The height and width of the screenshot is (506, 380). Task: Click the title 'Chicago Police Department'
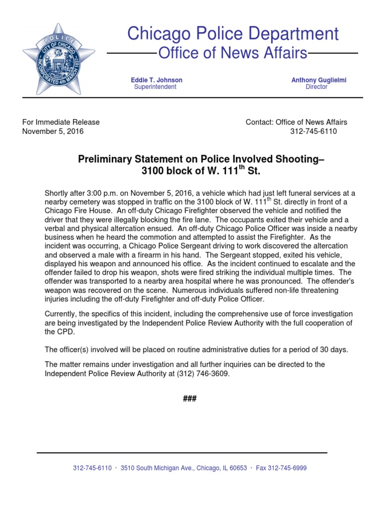(233, 34)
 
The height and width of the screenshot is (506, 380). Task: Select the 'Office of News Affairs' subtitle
(232, 53)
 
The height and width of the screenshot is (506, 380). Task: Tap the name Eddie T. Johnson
(156, 80)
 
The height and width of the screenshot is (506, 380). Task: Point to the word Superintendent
(155, 87)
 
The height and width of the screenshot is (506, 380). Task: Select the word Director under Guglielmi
(317, 87)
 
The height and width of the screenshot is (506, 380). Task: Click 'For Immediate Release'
(61, 122)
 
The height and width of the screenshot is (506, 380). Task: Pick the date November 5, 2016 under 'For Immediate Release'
(53, 131)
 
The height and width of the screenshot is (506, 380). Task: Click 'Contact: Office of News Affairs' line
(296, 122)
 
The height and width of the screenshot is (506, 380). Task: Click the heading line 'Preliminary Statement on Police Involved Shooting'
(202, 159)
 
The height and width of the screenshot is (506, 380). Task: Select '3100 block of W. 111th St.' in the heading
(200, 171)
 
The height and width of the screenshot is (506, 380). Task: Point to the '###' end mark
(190, 399)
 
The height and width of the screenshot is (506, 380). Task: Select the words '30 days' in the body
(334, 349)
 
